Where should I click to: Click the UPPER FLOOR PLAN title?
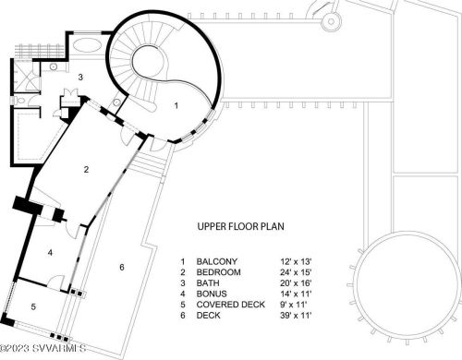[240, 226]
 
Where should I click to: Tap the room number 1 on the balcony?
[176, 105]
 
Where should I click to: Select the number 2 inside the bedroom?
[86, 169]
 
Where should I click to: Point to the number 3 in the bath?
[80, 77]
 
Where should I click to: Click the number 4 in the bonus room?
[50, 253]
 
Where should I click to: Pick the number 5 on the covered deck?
[33, 306]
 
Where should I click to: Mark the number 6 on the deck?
[122, 267]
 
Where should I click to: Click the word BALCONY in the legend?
[217, 261]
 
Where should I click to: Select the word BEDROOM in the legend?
[219, 272]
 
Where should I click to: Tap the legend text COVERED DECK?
[231, 305]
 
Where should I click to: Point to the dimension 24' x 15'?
[296, 272]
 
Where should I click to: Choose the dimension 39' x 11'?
[296, 316]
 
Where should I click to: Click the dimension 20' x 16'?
[296, 283]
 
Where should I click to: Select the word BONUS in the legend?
[212, 294]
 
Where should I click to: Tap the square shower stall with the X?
[27, 77]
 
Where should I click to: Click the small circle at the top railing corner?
[331, 21]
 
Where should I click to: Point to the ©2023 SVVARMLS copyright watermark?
[43, 348]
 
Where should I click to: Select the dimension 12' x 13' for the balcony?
[296, 261]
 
